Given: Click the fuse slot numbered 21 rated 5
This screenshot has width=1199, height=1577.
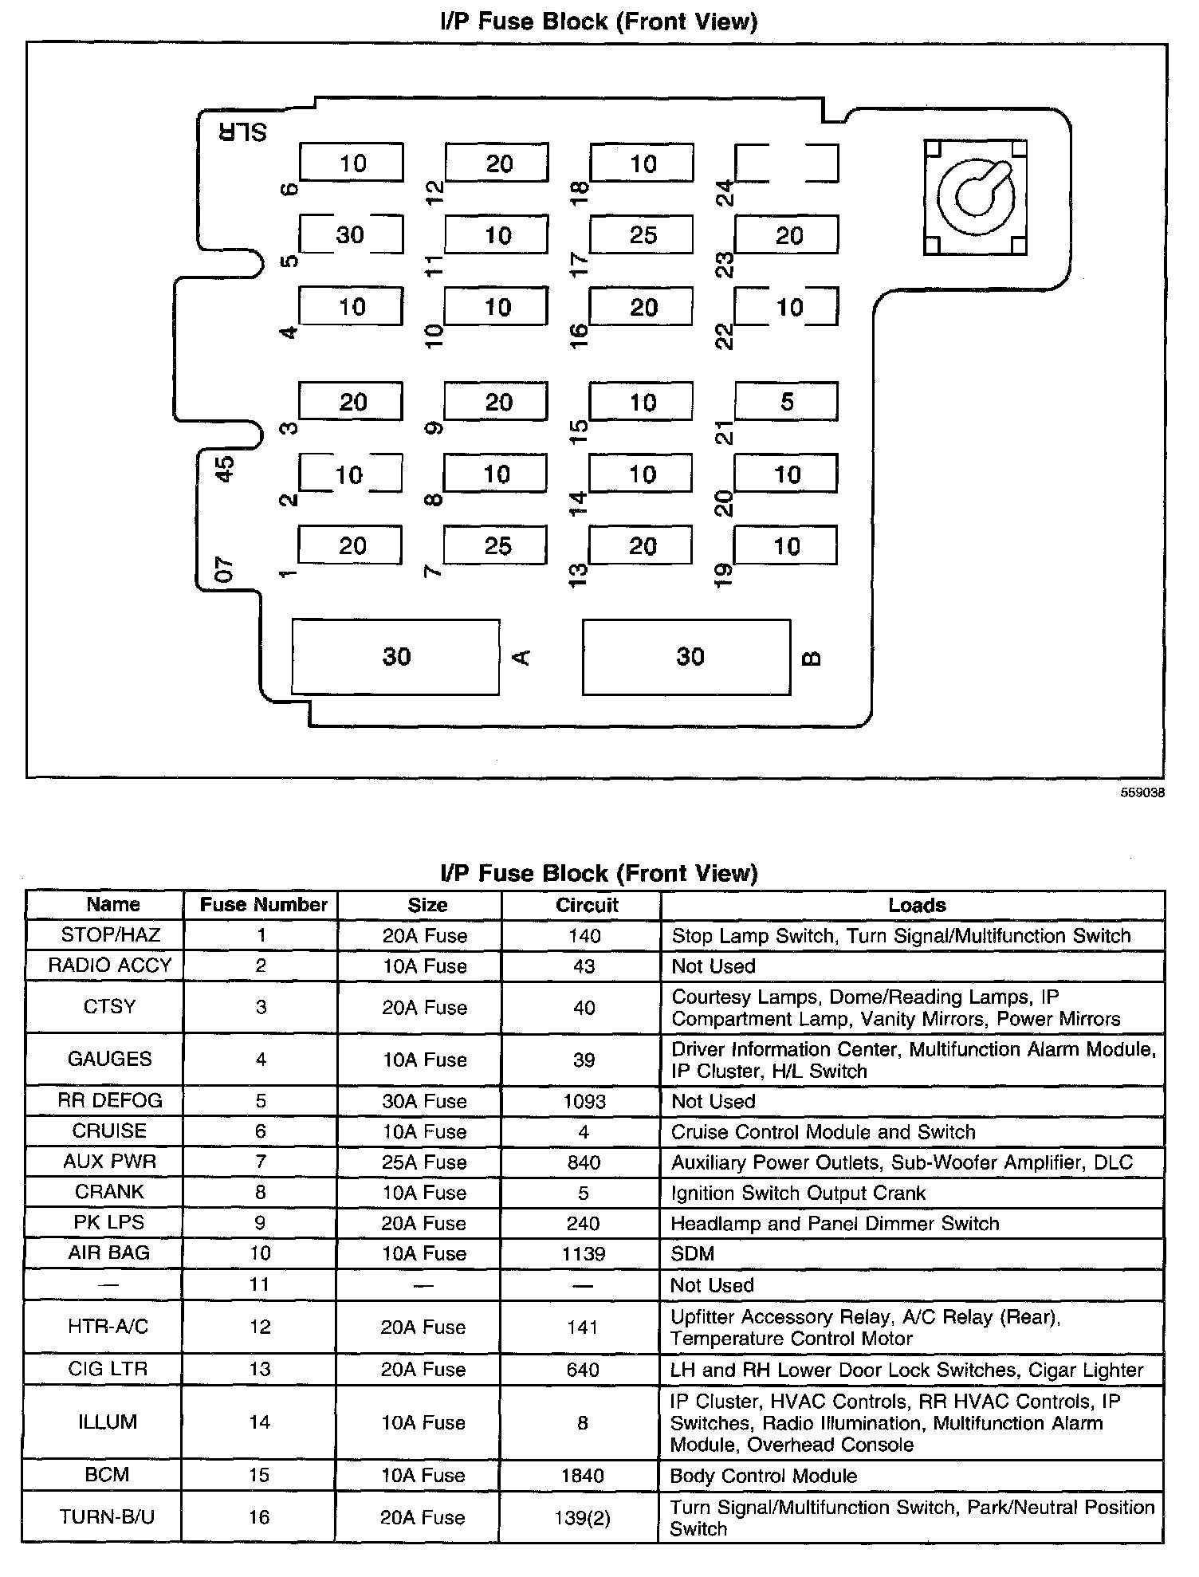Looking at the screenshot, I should coord(786,402).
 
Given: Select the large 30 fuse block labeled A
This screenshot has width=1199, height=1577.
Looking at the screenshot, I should coord(396,657).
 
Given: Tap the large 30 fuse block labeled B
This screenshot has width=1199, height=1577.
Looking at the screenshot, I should coord(687,657).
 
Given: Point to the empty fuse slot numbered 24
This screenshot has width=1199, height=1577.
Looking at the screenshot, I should coord(786,163).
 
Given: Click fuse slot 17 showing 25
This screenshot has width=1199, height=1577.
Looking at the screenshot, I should coord(642,235).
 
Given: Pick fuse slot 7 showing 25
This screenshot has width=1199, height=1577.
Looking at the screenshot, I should coord(496,546).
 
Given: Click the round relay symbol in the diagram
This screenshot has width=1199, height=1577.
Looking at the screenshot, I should coord(975,197).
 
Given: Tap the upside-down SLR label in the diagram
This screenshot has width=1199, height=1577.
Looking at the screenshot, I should coord(243,132).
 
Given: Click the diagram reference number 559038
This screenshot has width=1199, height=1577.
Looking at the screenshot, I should coord(1142,793).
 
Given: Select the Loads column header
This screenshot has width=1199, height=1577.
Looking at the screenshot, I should coord(917,905).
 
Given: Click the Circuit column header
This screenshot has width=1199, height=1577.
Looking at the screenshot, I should coord(587,905).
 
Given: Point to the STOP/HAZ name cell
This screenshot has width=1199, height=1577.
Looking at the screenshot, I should coord(111,935).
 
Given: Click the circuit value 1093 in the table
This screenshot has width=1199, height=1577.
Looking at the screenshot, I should coord(584,1101).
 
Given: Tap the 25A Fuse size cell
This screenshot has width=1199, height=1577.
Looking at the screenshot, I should coord(424,1162).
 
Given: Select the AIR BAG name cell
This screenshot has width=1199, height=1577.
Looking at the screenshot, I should coord(108,1253).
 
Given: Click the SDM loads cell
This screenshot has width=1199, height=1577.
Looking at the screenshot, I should coord(693,1253).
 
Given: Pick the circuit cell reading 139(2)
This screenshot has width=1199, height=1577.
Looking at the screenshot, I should coord(582,1517).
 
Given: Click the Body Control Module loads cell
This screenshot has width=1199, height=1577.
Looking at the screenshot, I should coord(763,1476).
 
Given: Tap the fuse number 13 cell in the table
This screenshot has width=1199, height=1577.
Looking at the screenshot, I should coord(260,1370).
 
